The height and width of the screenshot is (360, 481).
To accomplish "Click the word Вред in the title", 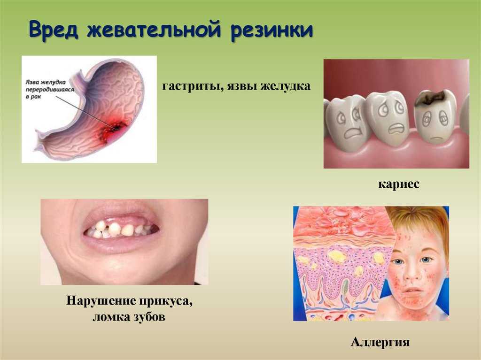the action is pyautogui.click(x=53, y=30).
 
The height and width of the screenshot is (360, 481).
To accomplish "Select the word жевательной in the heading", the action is pyautogui.click(x=154, y=30).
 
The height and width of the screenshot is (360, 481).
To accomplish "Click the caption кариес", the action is pyautogui.click(x=399, y=184).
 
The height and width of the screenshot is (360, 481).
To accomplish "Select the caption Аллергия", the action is pyautogui.click(x=380, y=342).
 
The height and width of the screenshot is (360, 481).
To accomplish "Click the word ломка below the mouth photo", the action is pyautogui.click(x=111, y=317).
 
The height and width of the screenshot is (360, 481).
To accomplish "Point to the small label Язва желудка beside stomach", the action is pyautogui.click(x=46, y=82).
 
